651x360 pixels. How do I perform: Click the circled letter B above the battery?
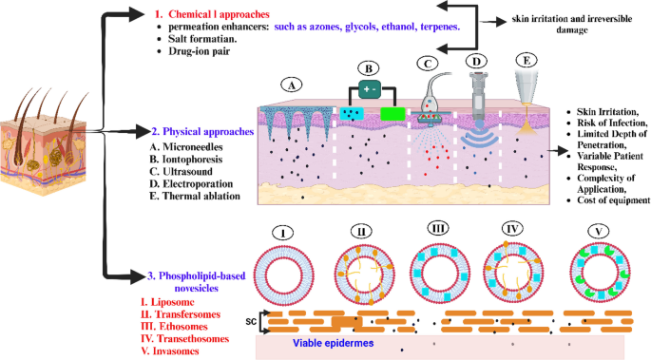click(x=369, y=68)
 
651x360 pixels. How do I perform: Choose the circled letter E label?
click(x=520, y=59)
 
